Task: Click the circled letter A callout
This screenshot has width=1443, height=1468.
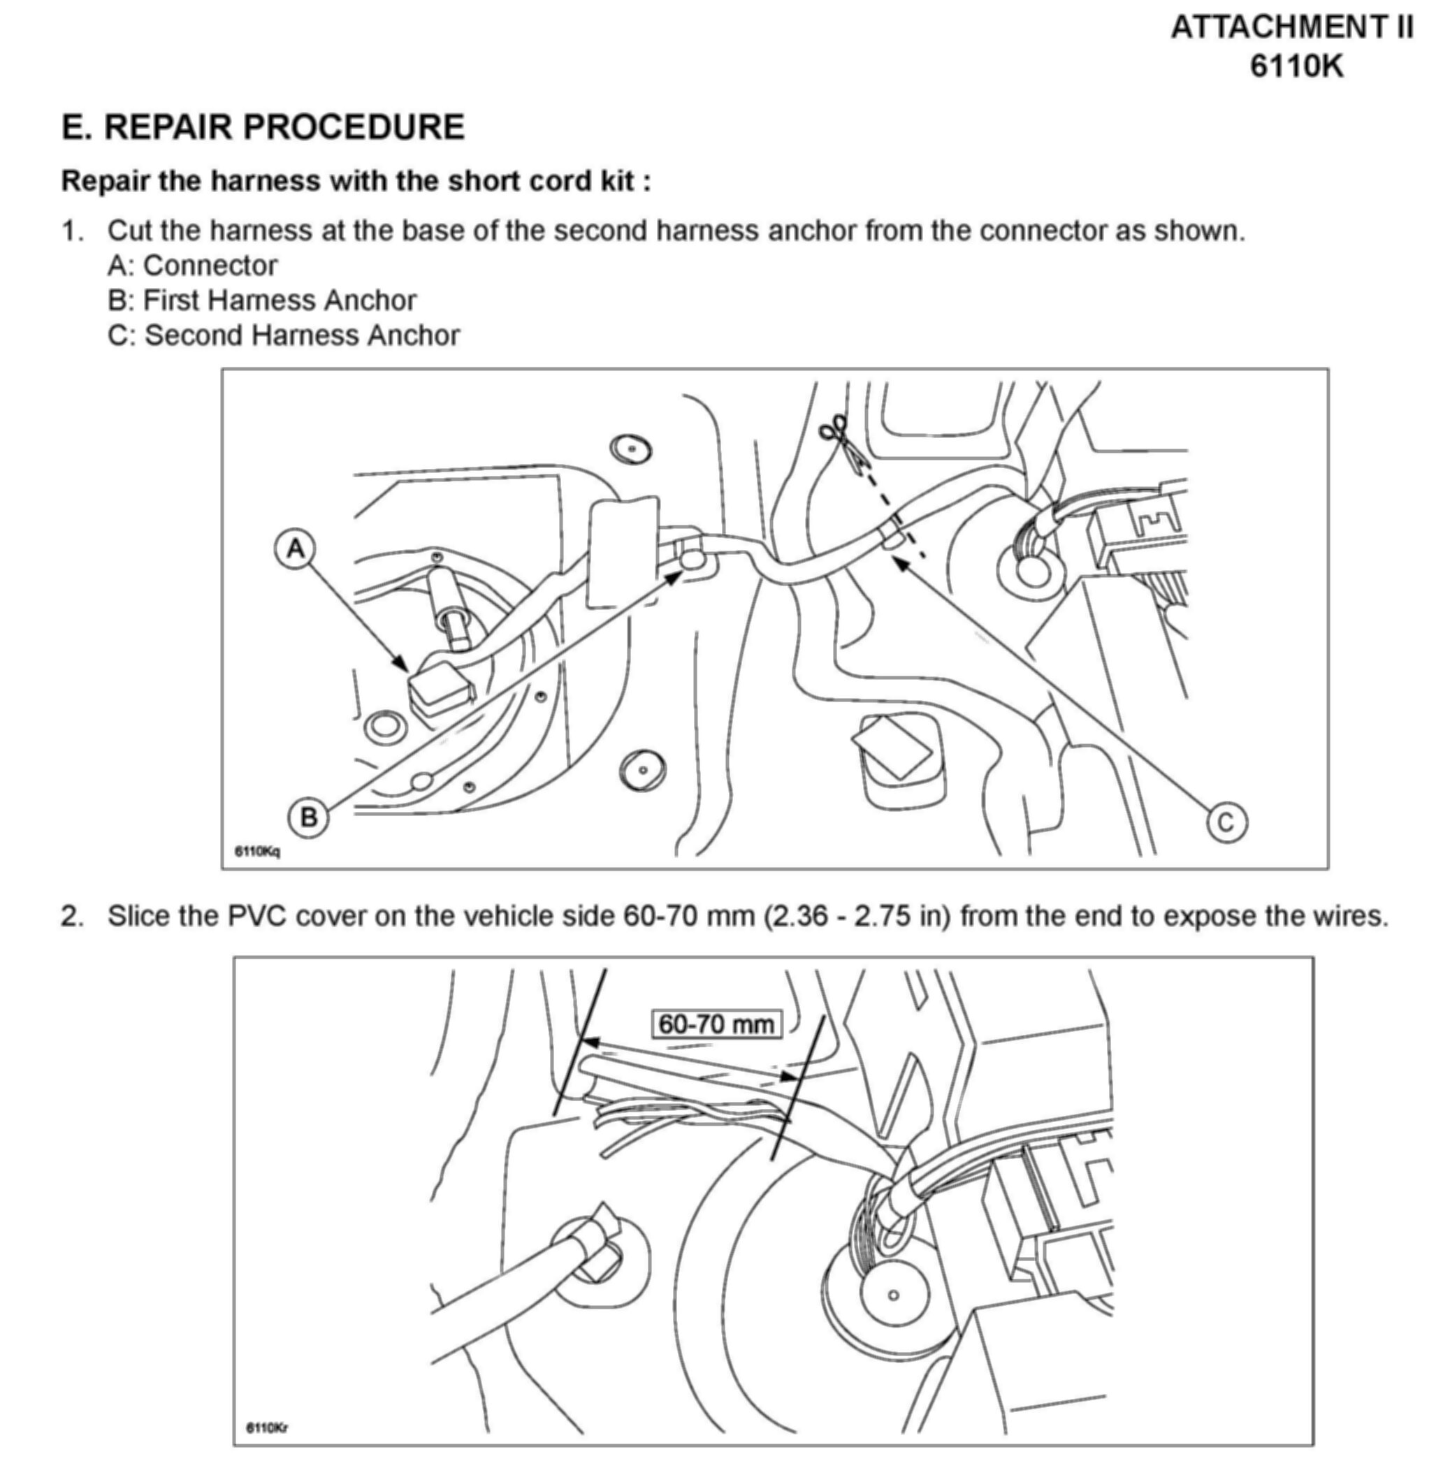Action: pyautogui.click(x=296, y=548)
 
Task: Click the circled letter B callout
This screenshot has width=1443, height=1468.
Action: pyautogui.click(x=308, y=817)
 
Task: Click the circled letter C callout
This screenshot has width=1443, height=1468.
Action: pyautogui.click(x=1226, y=822)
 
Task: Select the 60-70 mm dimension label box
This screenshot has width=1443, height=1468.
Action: pyautogui.click(x=716, y=1024)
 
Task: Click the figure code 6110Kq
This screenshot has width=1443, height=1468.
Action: pyautogui.click(x=257, y=851)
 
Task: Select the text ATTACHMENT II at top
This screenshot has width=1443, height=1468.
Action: pyautogui.click(x=1291, y=28)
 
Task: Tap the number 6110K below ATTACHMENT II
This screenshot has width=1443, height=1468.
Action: pyautogui.click(x=1296, y=66)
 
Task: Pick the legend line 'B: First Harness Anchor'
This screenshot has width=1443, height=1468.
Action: pyautogui.click(x=261, y=301)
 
